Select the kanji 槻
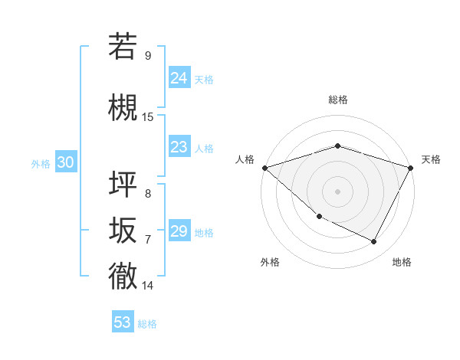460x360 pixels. point(123,106)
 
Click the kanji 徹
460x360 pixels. point(123,276)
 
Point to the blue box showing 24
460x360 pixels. point(179,77)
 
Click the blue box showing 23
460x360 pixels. point(179,147)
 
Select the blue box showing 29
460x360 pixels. point(179,231)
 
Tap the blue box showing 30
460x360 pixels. point(65,163)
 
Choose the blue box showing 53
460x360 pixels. point(123,322)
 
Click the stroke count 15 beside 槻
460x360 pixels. point(148,116)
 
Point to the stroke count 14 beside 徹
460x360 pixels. point(148,286)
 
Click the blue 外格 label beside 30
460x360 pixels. point(41,164)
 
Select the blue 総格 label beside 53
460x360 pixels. point(147,324)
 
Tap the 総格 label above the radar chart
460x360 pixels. point(337,100)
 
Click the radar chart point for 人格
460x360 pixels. point(264,167)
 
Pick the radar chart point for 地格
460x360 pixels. point(374,242)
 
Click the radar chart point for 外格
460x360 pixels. point(319,217)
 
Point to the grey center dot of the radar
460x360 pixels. point(337,191)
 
